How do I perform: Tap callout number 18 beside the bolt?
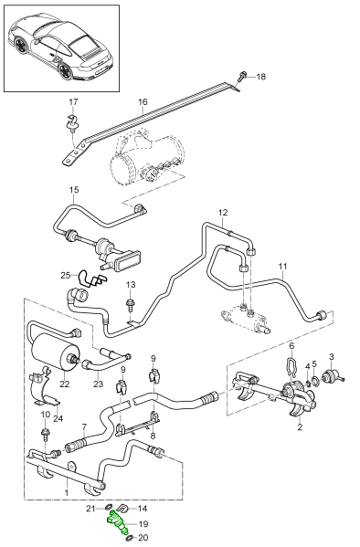pos(260,77)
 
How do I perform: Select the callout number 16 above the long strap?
pos(143,102)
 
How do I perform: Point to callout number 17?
pos(73,102)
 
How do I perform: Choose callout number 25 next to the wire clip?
pos(65,276)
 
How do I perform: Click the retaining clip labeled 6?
pos(291,365)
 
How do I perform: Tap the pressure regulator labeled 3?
pos(332,376)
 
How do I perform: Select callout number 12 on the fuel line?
pos(223,212)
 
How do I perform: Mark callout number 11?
pos(283,267)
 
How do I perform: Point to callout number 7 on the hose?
pos(84,426)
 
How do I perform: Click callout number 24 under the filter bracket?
pos(58,418)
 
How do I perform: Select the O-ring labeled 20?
pos(130,537)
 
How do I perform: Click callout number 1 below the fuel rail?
pos(67,493)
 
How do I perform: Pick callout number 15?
pos(74,190)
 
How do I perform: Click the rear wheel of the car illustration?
pos(65,70)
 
